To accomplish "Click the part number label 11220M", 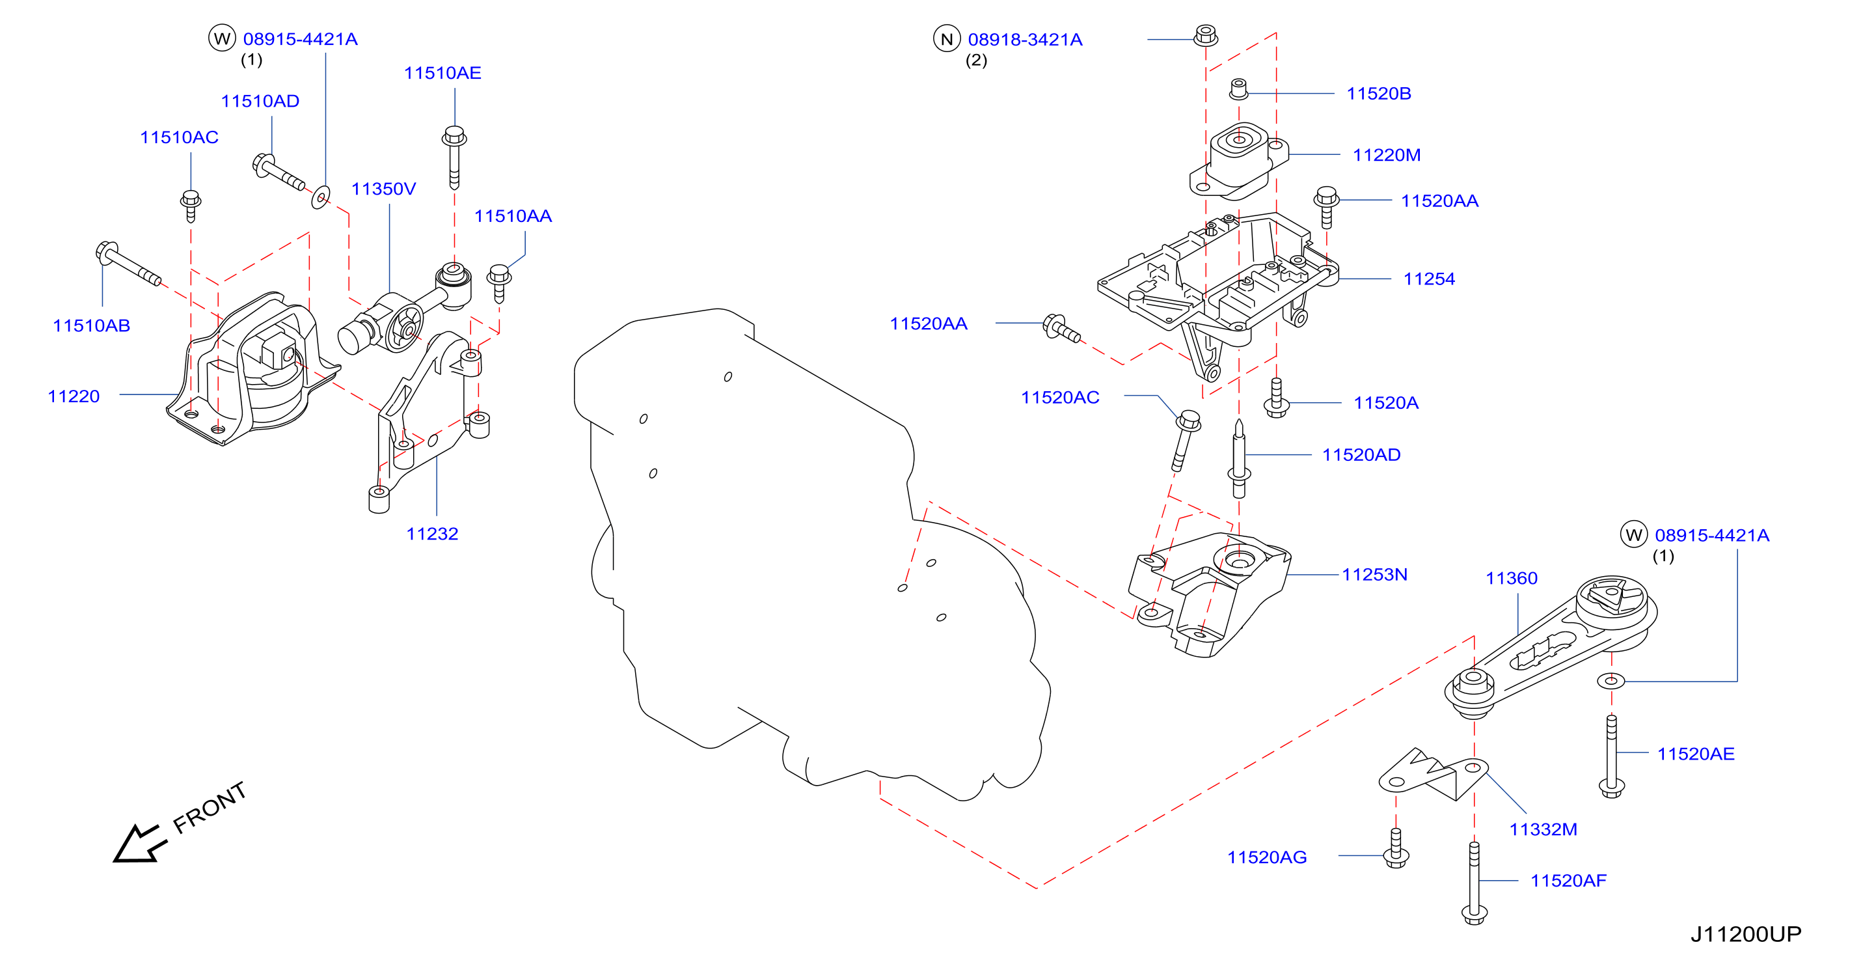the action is click(1386, 155).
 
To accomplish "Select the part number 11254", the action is click(1429, 279).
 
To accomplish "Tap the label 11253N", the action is click(1374, 575).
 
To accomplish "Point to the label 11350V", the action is click(383, 189).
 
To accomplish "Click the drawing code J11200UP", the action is click(1746, 934).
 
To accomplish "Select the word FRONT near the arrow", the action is click(210, 807).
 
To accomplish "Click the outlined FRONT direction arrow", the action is click(140, 844).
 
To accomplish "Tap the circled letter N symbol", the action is click(947, 38).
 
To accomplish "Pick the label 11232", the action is click(432, 534).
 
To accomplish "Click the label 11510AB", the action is click(91, 325).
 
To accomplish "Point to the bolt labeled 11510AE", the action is click(454, 157).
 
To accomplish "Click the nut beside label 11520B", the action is click(1239, 89).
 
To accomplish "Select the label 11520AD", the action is click(1361, 455).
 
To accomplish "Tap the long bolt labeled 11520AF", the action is click(1474, 883).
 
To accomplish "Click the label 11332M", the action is click(1543, 830).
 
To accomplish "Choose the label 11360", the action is click(1511, 579).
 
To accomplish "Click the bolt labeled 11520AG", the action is click(1395, 848).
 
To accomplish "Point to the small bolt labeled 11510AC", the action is click(191, 206).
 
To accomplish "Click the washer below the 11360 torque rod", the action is click(1611, 681).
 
